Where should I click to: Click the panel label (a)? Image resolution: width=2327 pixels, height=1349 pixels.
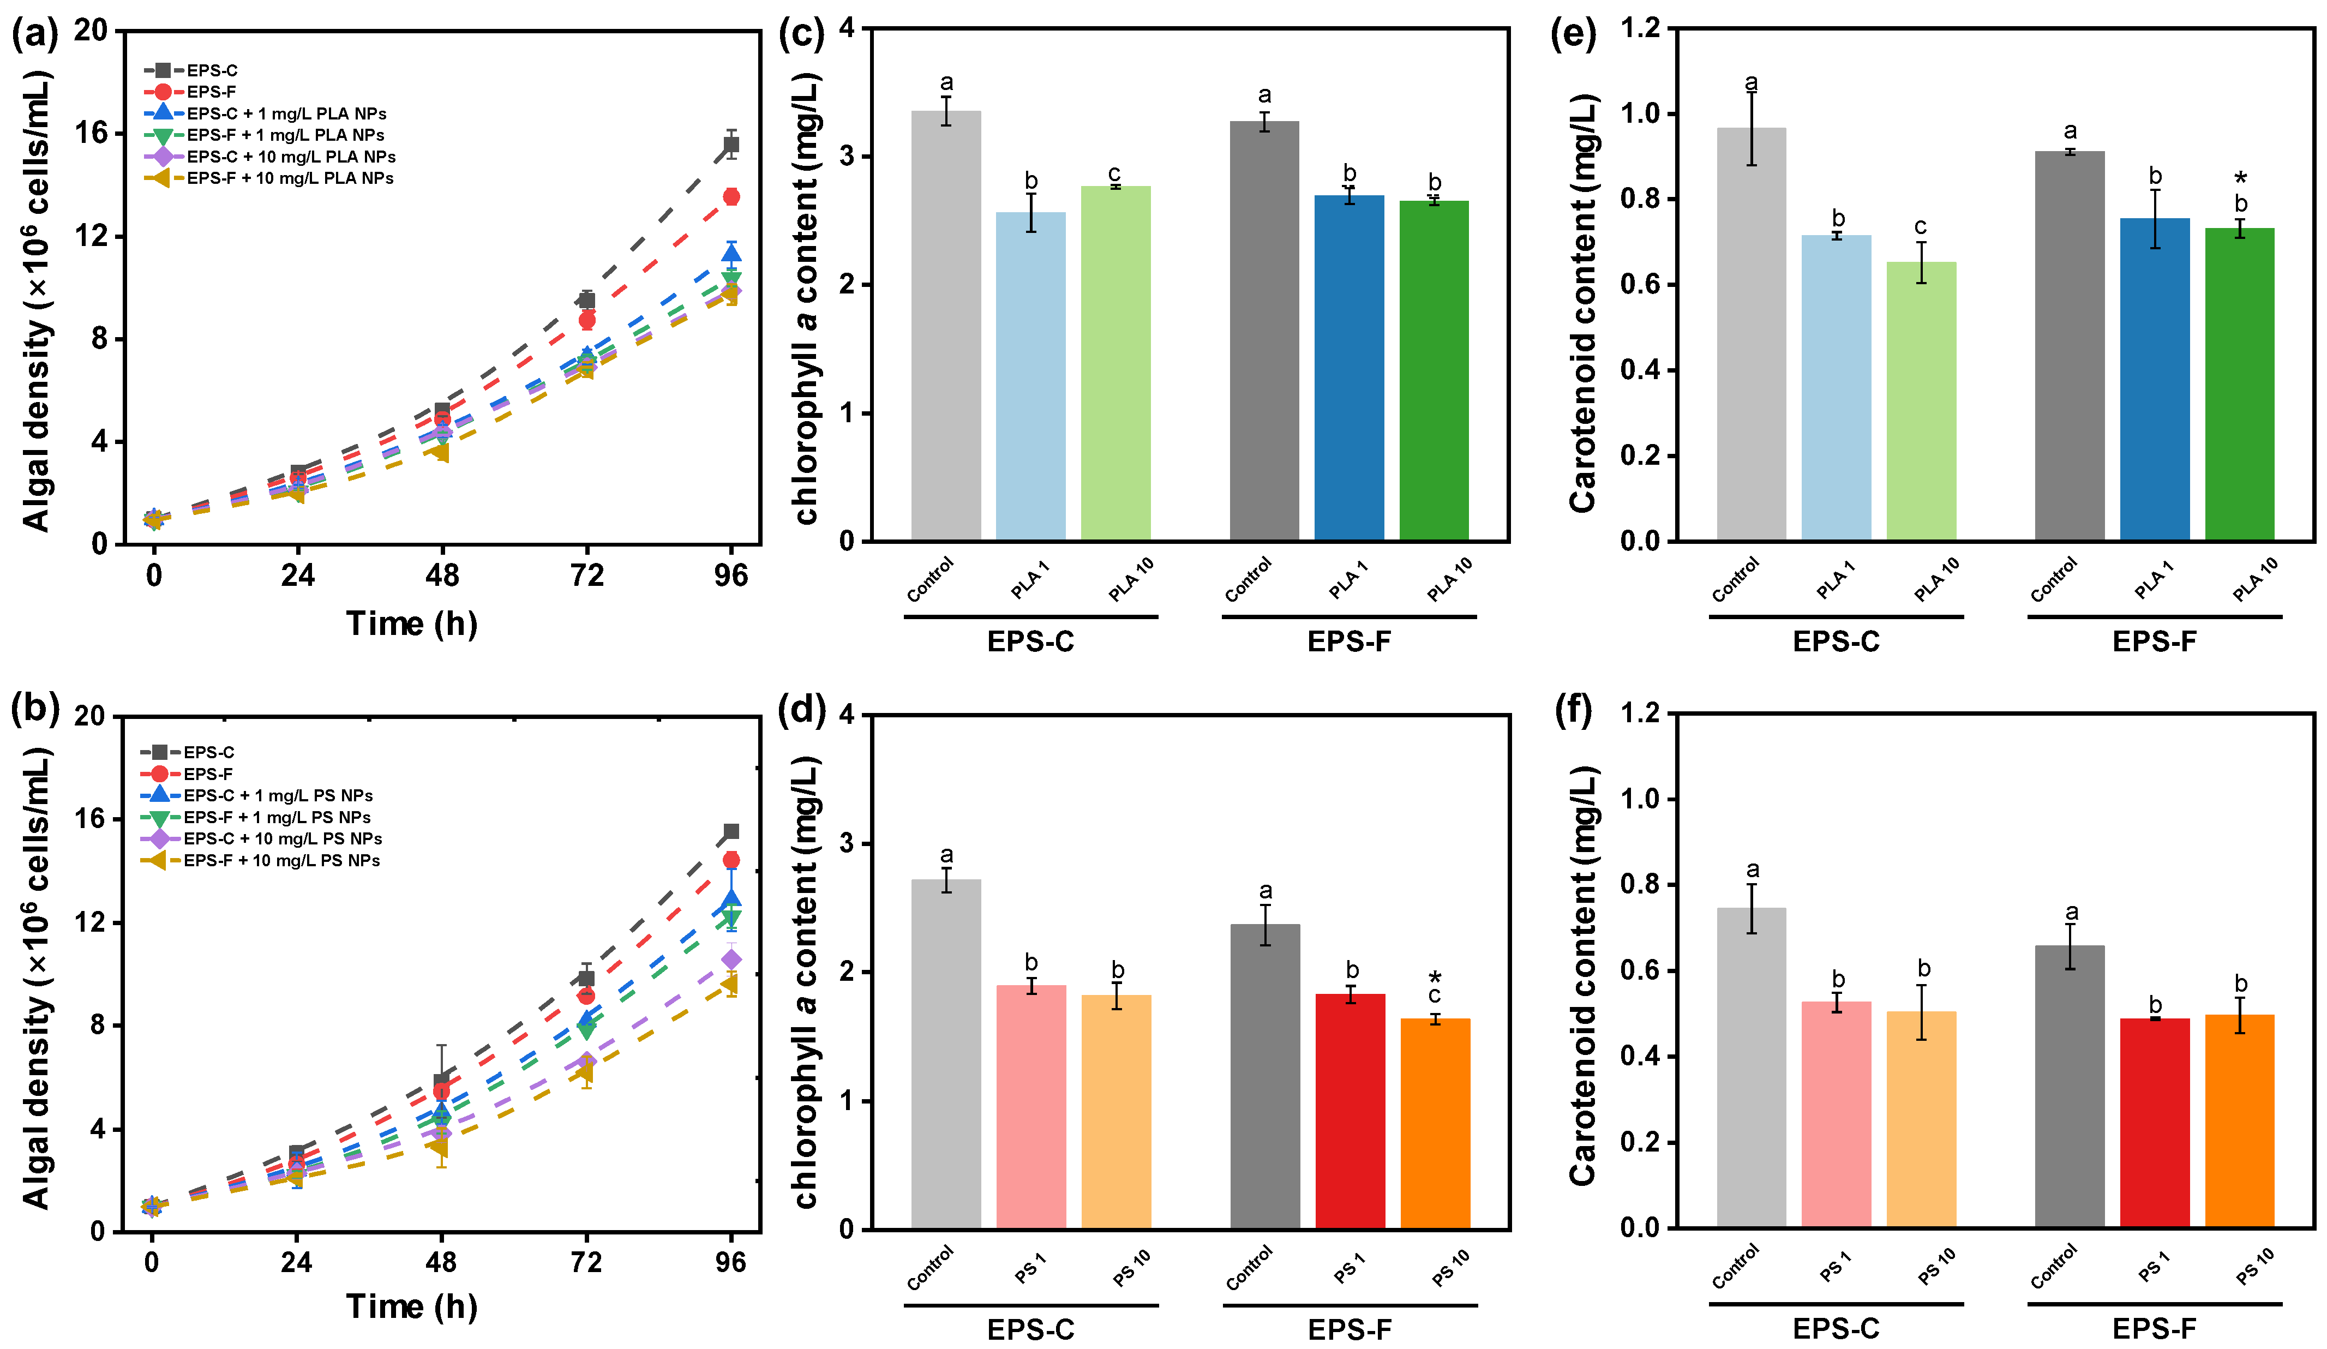[x=34, y=34]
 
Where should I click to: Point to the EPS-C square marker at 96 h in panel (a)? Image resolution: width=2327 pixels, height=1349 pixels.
[x=730, y=144]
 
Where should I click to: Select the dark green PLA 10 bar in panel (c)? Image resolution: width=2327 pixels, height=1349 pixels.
[x=1434, y=369]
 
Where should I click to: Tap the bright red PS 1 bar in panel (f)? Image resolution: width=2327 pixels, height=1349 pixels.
[x=2154, y=1122]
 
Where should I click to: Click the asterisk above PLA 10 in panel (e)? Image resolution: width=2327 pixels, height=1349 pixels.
[x=2240, y=179]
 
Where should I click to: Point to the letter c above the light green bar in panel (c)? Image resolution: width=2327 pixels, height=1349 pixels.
[x=1114, y=173]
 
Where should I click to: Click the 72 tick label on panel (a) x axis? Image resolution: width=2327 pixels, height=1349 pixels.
[x=586, y=576]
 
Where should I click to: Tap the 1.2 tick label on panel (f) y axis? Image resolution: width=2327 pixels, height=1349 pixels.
[x=1640, y=713]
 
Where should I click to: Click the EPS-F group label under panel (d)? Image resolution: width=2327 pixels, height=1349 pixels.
[x=1349, y=1329]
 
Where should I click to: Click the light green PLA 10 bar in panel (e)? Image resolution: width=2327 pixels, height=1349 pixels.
[x=1921, y=401]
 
